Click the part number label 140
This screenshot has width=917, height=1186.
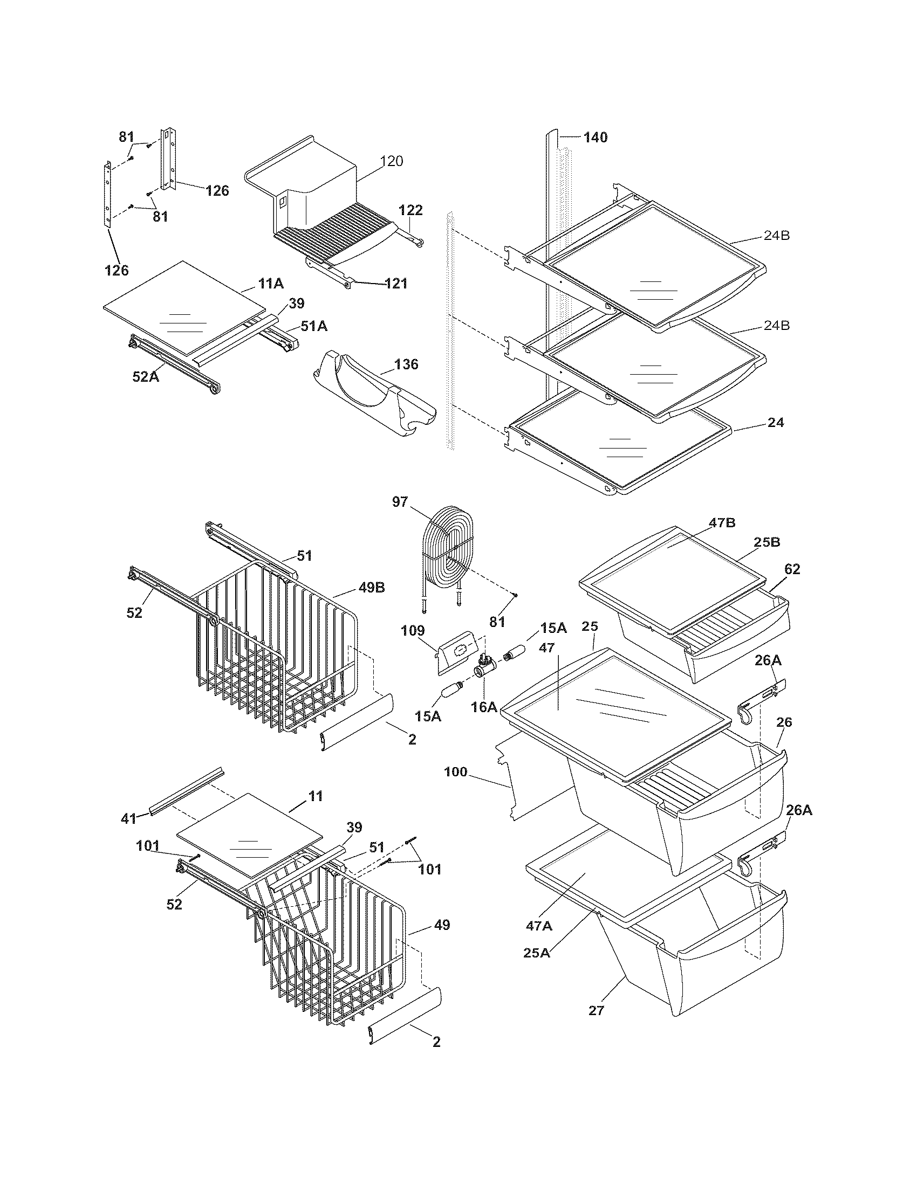click(x=596, y=137)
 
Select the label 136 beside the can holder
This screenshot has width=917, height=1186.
click(x=406, y=364)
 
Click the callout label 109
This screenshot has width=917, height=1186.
click(x=413, y=631)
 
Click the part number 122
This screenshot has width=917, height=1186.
click(x=410, y=210)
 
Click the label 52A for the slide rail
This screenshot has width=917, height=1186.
click(x=146, y=376)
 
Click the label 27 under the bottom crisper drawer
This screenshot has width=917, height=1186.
click(x=596, y=1011)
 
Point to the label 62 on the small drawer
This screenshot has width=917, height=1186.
click(x=792, y=569)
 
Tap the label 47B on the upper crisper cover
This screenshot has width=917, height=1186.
click(x=721, y=523)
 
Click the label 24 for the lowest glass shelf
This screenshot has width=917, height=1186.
click(x=776, y=423)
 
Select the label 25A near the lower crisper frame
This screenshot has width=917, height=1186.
click(x=537, y=953)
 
